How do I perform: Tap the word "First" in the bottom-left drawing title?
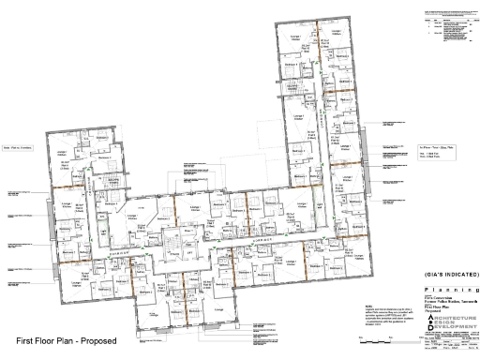tap(26, 339)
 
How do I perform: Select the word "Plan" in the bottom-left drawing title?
tap(66, 339)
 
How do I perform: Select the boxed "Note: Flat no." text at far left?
tap(21, 146)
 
